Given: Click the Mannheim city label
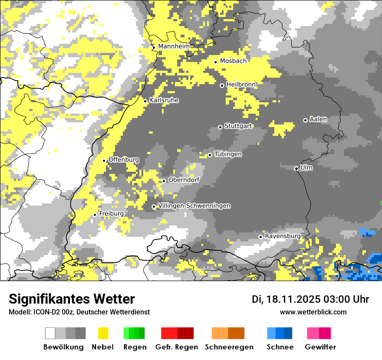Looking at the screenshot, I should click(x=174, y=46).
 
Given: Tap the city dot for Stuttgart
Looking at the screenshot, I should click(x=220, y=127).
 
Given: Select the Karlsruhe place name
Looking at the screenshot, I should click(x=164, y=100).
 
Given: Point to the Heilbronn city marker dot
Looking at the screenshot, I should click(x=222, y=85).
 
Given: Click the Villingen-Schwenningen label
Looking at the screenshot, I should click(x=194, y=206).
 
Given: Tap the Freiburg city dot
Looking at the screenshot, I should click(x=95, y=215).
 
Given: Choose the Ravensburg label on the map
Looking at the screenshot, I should click(x=282, y=236).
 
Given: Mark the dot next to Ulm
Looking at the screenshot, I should click(x=296, y=168).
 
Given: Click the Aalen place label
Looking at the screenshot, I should click(x=318, y=119).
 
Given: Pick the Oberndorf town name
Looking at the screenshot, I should click(x=184, y=180).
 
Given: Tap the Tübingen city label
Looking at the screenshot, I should click(x=228, y=154).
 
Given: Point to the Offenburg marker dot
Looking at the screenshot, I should click(x=104, y=160).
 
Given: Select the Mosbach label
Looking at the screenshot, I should click(x=233, y=61).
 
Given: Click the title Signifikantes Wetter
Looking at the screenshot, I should click(x=72, y=299).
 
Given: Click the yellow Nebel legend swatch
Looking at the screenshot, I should click(x=103, y=333).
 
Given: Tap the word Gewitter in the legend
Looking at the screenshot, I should click(x=320, y=347).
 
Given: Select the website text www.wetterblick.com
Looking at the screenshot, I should click(x=313, y=312).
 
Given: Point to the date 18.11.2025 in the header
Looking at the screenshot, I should click(x=292, y=299).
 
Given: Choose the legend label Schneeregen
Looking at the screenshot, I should click(x=229, y=347).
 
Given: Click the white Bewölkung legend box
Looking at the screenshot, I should click(x=50, y=333).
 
